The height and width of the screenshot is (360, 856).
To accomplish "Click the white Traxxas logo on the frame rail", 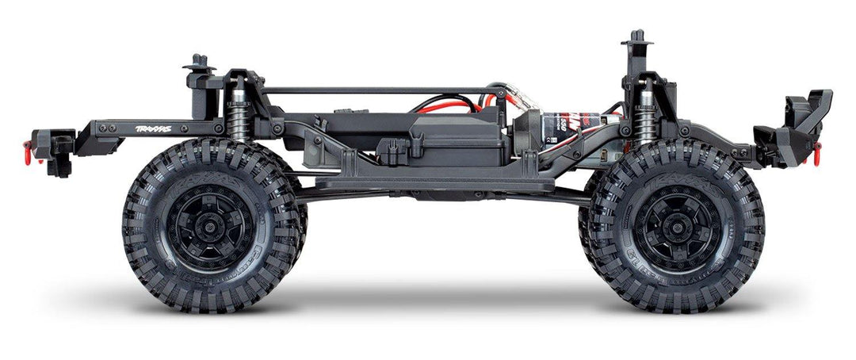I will pos(153,128).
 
